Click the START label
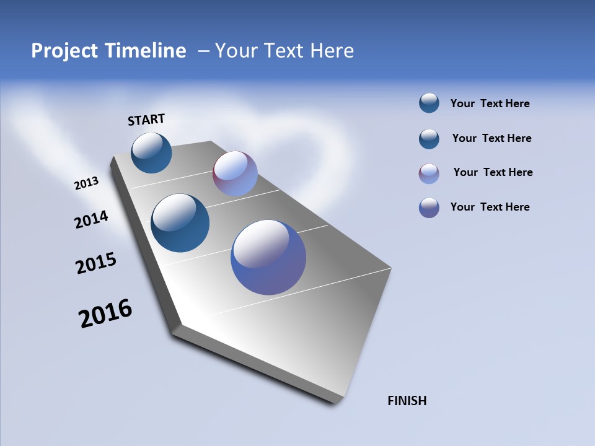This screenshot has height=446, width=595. click(x=146, y=120)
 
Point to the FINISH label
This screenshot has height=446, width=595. click(x=407, y=401)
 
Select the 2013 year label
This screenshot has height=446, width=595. click(x=86, y=183)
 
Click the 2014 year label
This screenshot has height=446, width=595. click(x=91, y=219)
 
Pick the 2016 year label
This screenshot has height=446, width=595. click(x=105, y=313)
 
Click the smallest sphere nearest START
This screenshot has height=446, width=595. click(x=151, y=152)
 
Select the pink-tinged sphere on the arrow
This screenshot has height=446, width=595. click(x=235, y=173)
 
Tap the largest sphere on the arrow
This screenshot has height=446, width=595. click(x=268, y=256)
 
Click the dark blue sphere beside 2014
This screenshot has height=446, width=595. click(x=180, y=223)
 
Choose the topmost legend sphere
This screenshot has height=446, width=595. click(x=429, y=103)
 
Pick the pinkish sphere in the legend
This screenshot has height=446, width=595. click(x=429, y=173)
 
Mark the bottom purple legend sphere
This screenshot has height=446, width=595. click(x=429, y=208)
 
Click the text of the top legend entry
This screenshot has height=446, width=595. click(x=490, y=104)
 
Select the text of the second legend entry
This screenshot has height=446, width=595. click(x=491, y=138)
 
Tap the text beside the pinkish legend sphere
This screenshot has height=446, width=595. click(x=493, y=172)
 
